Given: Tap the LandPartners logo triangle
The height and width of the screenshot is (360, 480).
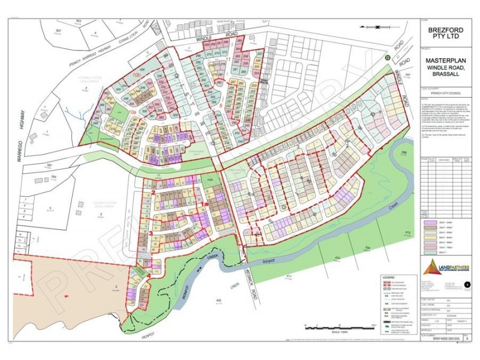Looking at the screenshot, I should click(429, 266).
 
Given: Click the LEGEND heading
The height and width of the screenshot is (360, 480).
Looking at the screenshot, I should click(388, 277).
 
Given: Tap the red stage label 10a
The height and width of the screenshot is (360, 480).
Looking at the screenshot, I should click(131, 112).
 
